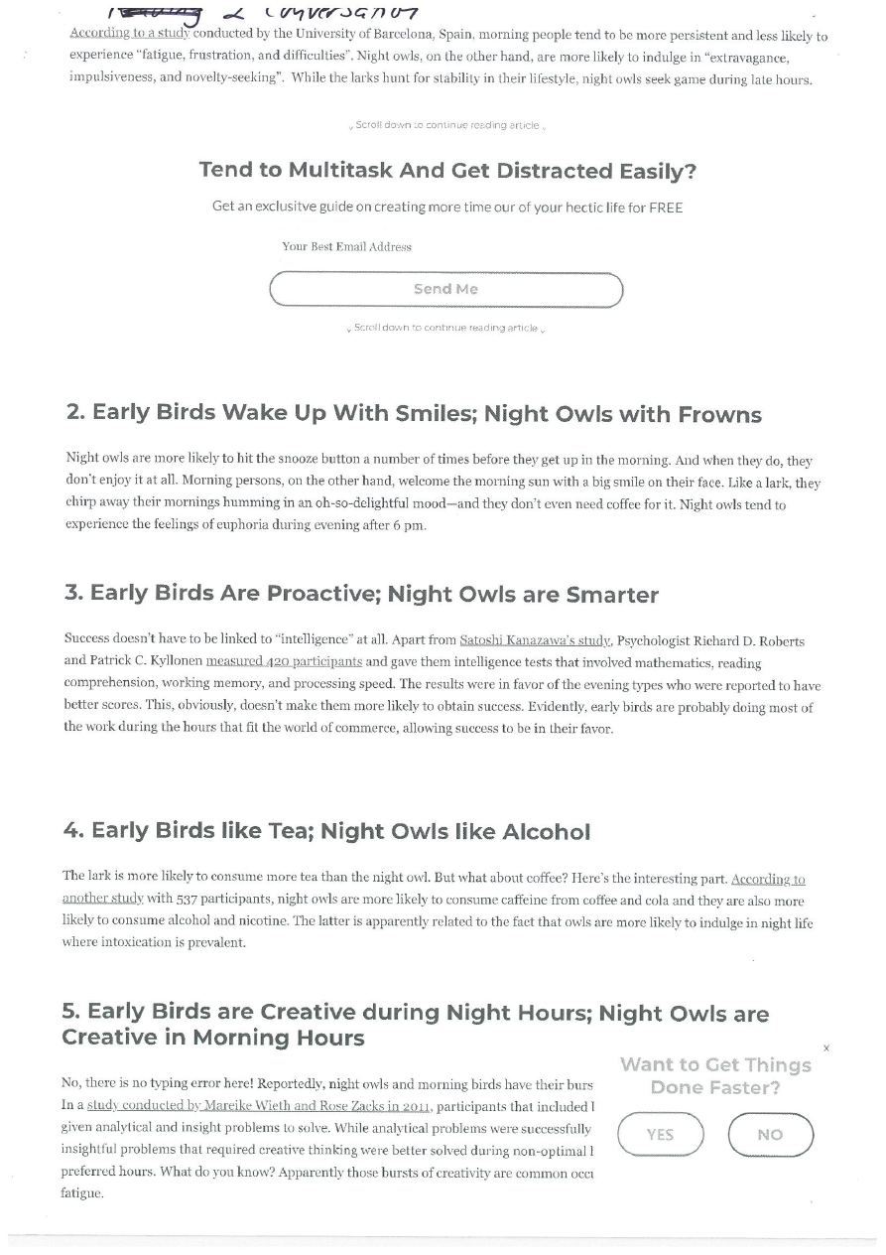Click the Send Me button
[445, 289]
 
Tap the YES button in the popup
[660, 1135]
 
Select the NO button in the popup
[770, 1135]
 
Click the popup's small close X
[826, 1048]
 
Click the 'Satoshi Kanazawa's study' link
[535, 641]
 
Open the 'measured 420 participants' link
[284, 661]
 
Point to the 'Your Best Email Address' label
[346, 246]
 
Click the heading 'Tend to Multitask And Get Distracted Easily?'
[447, 171]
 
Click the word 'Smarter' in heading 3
[611, 595]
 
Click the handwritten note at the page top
[263, 13]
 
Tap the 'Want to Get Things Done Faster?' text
[715, 1076]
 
